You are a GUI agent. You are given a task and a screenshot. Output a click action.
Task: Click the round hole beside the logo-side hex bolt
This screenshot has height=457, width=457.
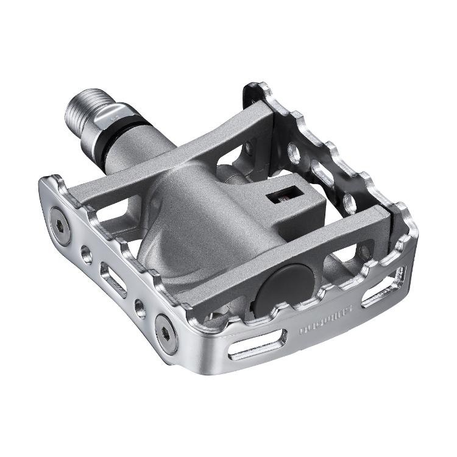point(141,308)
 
